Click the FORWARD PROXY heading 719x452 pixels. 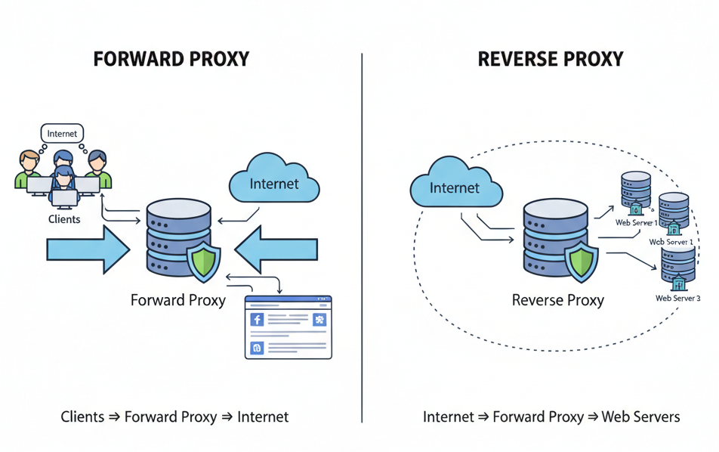[171, 60]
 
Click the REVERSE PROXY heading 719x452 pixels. [551, 60]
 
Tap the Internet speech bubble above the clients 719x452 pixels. [62, 134]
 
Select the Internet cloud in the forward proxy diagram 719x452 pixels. [273, 182]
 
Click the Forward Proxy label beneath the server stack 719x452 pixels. [178, 300]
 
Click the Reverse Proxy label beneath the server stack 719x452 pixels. [558, 300]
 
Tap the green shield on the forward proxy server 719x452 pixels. [203, 262]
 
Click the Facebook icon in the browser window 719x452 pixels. [257, 320]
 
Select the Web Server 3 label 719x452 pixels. [677, 299]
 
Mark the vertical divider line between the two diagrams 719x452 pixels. [363, 234]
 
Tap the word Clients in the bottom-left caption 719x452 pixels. [82, 416]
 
